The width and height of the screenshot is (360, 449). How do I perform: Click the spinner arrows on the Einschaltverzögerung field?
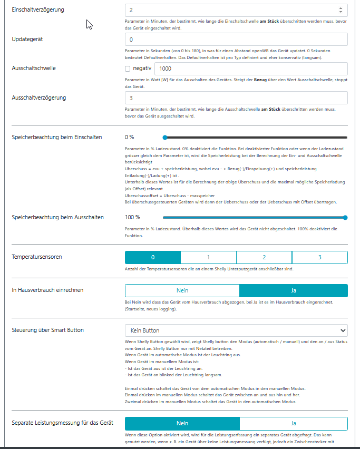340,10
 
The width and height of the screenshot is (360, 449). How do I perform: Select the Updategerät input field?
236,40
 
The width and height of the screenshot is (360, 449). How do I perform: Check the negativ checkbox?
128,69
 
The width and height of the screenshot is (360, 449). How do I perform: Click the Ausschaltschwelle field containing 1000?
250,69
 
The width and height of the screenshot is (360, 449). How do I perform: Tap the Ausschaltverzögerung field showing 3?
236,98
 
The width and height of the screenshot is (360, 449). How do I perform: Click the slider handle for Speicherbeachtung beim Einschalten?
165,137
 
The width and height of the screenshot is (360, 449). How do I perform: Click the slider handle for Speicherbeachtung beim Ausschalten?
345,217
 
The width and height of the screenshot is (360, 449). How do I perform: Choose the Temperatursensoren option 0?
153,257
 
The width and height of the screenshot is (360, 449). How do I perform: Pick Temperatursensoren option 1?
208,257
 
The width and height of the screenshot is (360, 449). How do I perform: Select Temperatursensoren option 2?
264,257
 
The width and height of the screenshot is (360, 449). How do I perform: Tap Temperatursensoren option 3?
319,257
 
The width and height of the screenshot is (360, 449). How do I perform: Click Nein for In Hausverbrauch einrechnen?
182,290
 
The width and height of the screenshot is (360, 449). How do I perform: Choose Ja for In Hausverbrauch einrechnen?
294,290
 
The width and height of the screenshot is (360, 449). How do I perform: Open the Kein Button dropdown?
236,330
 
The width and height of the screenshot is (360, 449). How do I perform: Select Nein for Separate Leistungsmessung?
182,423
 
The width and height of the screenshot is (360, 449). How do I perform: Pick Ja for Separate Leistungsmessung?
294,423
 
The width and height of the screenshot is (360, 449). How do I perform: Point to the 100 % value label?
132,217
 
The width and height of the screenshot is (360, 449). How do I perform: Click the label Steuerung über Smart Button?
47,330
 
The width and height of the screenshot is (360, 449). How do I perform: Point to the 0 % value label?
130,137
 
